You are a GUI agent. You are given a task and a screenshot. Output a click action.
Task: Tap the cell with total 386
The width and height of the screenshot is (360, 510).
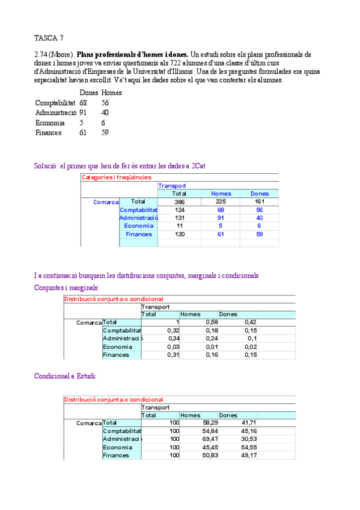179,202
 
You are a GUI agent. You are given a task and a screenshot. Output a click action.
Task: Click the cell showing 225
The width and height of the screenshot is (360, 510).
221,202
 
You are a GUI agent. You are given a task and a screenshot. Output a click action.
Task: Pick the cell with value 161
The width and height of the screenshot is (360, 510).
259,202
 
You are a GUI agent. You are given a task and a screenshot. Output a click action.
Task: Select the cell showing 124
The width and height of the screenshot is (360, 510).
179,210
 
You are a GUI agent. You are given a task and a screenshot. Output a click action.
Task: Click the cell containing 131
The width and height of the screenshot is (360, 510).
179,218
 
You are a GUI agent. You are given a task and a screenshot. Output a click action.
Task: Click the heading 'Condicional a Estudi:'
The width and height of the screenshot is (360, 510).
66,376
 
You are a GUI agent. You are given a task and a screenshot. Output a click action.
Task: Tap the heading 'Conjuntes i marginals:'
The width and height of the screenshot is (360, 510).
67,288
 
